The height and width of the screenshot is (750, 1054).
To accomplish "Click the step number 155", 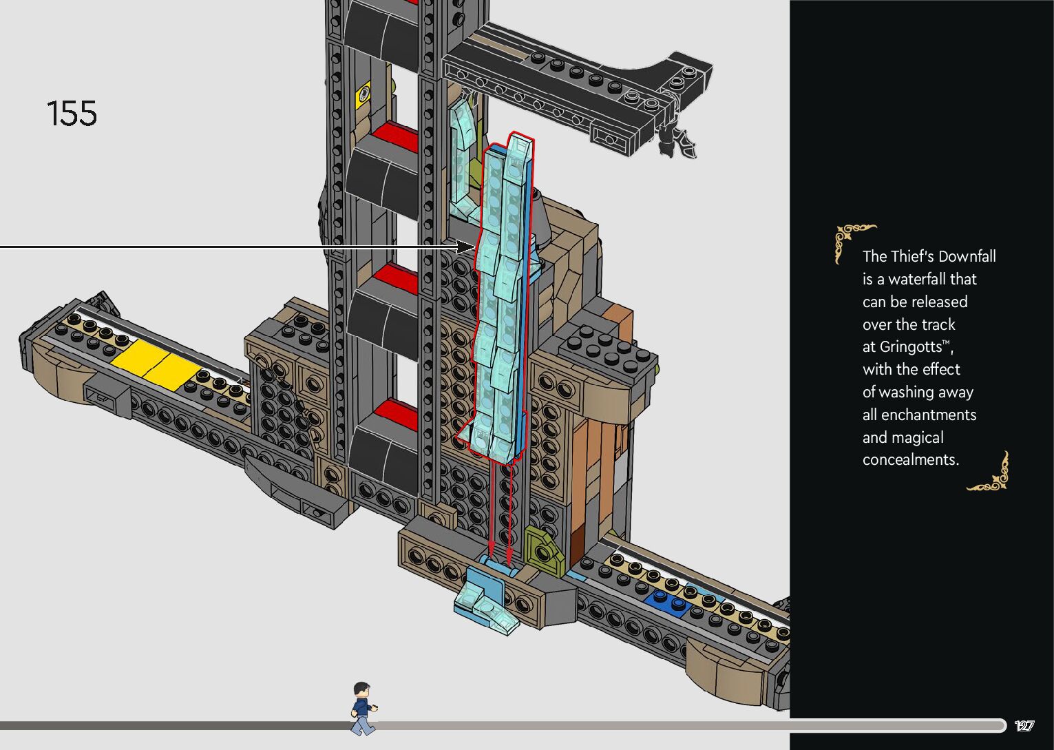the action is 72,114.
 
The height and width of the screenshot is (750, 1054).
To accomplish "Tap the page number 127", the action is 1024,726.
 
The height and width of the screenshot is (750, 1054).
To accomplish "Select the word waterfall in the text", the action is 918,279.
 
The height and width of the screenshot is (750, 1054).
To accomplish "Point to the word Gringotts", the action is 910,346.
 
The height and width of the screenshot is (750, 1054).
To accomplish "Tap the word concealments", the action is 910,459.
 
